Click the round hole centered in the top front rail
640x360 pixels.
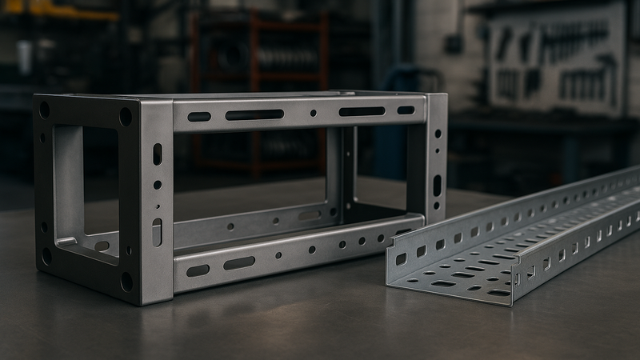[313, 113]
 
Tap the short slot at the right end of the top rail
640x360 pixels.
[406, 110]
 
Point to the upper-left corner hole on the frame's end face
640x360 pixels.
[44, 110]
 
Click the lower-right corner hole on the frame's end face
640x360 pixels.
[126, 281]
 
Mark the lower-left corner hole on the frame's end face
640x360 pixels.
[46, 255]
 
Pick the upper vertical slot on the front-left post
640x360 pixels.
[157, 154]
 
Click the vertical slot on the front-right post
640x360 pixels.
[437, 185]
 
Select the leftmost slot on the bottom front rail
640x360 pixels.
[198, 270]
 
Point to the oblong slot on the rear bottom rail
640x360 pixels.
[310, 215]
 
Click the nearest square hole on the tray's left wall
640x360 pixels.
[401, 258]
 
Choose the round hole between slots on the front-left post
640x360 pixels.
[157, 185]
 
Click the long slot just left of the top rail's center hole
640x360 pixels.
[254, 114]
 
